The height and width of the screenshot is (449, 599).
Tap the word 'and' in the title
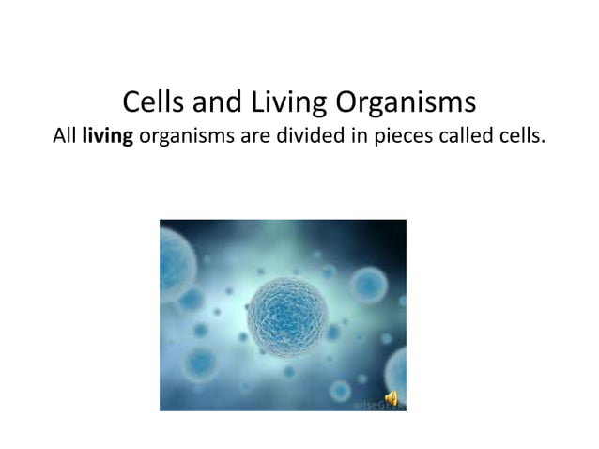coord(218,101)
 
